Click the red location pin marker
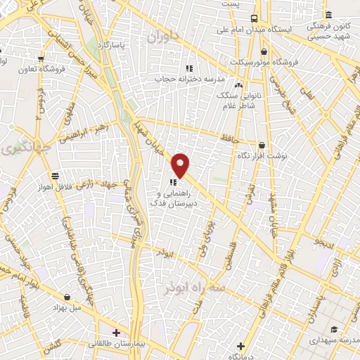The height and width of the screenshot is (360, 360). point(181,165)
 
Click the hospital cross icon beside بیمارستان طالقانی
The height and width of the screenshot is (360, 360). point(116,331)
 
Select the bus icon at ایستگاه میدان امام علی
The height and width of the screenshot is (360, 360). point(254,18)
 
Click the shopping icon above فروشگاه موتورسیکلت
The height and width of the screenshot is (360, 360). point(264,51)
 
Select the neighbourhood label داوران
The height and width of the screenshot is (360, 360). point(165,35)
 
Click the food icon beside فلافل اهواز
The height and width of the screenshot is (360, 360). point(55,176)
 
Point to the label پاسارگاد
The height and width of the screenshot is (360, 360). point(110,44)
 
